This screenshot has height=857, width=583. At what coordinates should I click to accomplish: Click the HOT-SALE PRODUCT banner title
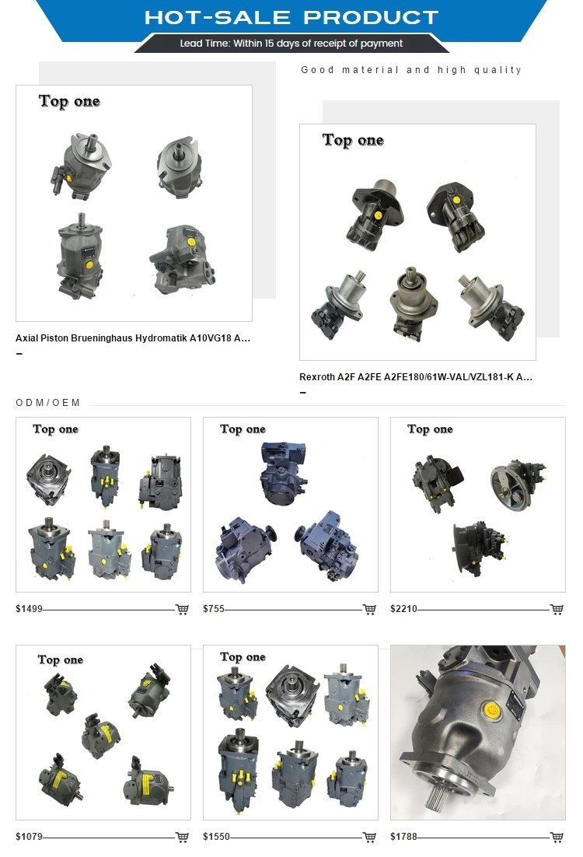[x=291, y=17]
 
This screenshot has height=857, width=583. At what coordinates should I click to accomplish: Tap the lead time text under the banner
[x=291, y=44]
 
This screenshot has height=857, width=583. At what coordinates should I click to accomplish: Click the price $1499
[x=29, y=609]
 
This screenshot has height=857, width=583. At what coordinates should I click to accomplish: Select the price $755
[x=214, y=609]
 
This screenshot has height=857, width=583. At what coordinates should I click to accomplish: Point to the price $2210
[x=403, y=609]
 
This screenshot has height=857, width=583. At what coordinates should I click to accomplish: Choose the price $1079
[x=29, y=837]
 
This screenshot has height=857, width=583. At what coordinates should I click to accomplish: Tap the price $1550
[x=216, y=837]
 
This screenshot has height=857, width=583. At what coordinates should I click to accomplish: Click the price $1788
[x=403, y=837]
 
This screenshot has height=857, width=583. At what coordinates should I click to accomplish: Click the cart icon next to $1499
[x=182, y=610]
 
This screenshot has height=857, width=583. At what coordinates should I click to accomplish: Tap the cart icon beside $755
[x=369, y=610]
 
